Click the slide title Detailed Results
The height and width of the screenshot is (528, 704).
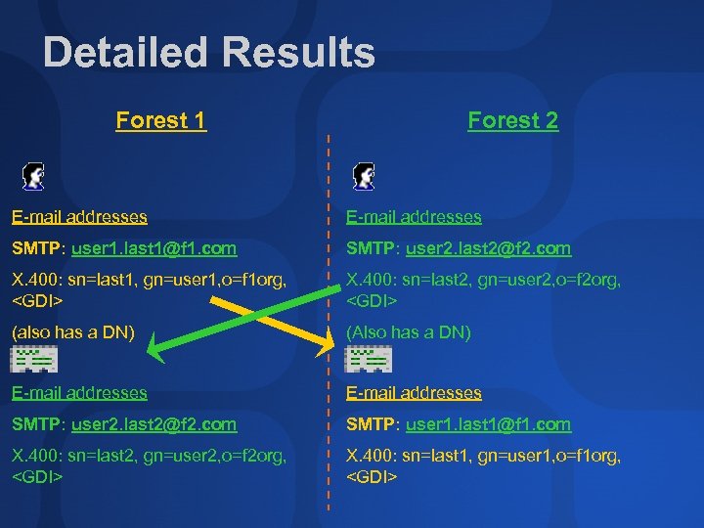point(208,53)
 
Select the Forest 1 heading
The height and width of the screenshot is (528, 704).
point(161,121)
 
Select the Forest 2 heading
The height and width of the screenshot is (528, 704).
point(512,121)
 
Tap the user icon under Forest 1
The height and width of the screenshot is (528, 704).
point(34,176)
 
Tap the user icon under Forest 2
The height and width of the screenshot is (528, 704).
point(365,176)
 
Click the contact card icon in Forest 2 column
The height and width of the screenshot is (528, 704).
point(368,361)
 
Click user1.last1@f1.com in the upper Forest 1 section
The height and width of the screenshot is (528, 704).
point(154,249)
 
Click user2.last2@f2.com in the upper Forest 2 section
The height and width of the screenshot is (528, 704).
point(488,249)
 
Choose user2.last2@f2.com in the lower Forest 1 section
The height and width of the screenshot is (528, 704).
point(154,424)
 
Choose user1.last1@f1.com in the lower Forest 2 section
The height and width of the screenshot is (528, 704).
point(488,424)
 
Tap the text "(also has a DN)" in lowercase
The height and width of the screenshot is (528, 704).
point(72,332)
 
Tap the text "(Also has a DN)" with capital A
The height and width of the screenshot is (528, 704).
point(409,332)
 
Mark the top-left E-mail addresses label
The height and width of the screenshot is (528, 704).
point(79,217)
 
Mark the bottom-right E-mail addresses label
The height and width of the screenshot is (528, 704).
point(415,393)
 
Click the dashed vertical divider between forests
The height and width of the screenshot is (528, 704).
point(329,440)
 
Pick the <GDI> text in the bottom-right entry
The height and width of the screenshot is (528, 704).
point(372,477)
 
